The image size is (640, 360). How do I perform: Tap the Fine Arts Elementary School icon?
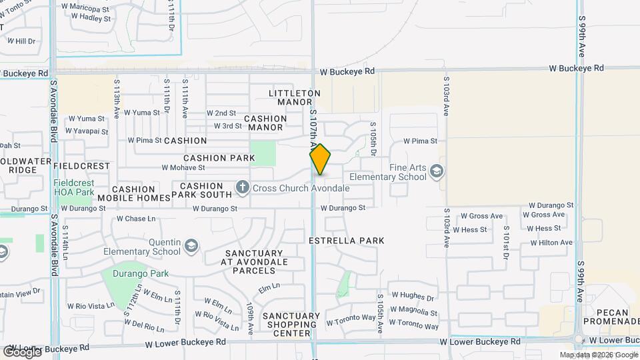click(x=437, y=172)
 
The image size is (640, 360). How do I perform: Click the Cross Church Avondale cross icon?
click(x=242, y=189)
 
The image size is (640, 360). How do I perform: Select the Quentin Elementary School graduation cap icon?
click(x=192, y=246)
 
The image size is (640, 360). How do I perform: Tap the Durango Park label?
click(x=140, y=273)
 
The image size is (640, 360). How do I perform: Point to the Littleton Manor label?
click(x=295, y=98)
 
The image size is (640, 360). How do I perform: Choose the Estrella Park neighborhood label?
click(x=347, y=240)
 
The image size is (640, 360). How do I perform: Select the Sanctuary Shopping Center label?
click(x=291, y=324)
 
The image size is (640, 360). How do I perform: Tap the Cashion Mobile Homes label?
click(x=133, y=194)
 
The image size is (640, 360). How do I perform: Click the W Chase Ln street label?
click(x=136, y=219)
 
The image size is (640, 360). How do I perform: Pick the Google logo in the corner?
click(x=22, y=351)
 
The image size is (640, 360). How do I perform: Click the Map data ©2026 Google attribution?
click(x=599, y=355)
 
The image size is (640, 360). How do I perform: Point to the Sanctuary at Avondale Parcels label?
click(x=253, y=261)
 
